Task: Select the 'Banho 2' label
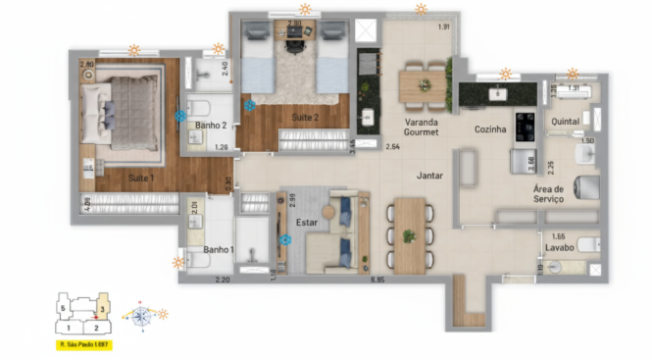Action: [x=211, y=125]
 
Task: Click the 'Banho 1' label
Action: [x=218, y=250]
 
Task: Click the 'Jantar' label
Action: [x=428, y=176]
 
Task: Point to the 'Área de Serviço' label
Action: [x=549, y=193]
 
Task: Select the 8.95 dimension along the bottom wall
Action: [x=376, y=282]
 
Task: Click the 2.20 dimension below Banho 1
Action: [x=222, y=282]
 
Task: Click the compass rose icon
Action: [x=141, y=316]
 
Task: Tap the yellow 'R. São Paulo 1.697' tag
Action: [x=82, y=345]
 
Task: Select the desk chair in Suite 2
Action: [x=295, y=43]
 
